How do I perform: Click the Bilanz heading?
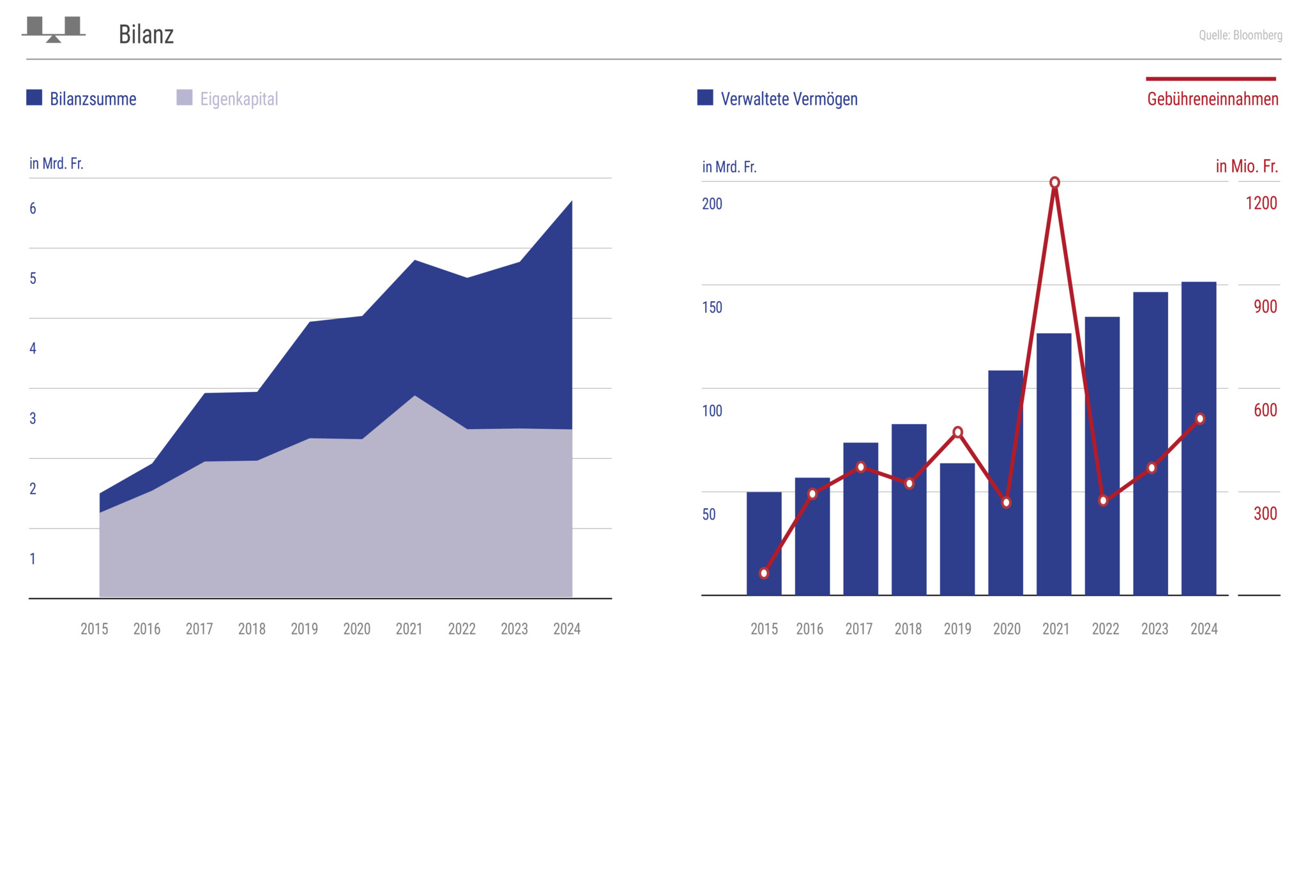146,34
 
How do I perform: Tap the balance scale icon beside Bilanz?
54,29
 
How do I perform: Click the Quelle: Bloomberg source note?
1240,35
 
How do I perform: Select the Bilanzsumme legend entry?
82,99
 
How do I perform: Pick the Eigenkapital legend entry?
227,99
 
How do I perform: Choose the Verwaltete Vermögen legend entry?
777,99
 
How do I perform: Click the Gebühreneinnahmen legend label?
1212,99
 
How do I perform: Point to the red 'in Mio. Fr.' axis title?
1246,167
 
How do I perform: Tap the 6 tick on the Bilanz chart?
33,209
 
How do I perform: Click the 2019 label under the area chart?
304,629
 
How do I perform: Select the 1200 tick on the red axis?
1261,204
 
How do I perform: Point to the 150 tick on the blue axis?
712,307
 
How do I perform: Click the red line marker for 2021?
1054,183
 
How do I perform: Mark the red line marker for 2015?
764,573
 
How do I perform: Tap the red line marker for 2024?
1200,419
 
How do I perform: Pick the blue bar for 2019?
957,530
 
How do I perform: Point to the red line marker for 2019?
957,432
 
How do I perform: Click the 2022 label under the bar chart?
1105,629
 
